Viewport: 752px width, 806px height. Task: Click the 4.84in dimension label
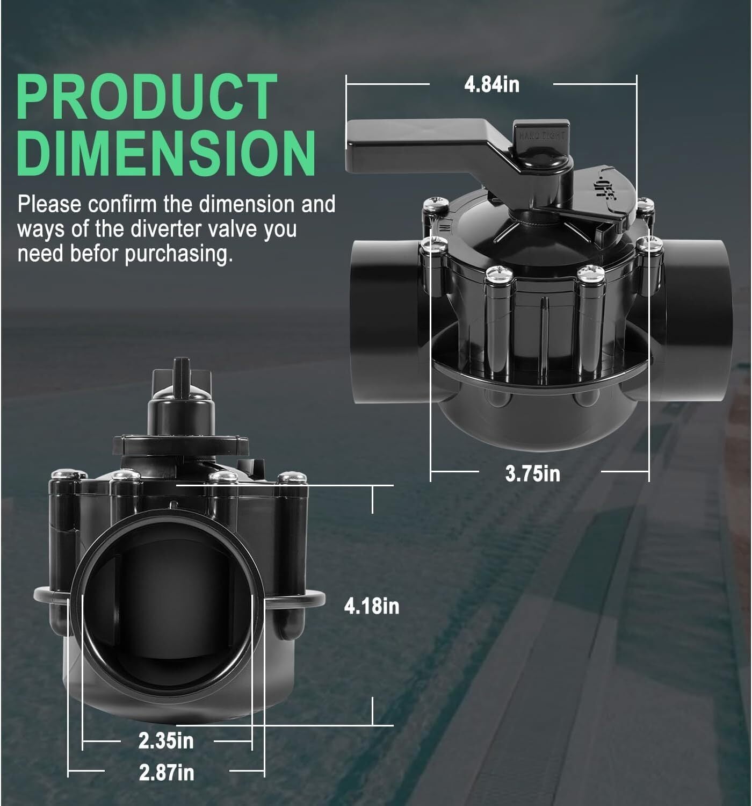click(491, 85)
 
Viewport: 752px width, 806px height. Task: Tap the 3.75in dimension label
click(532, 473)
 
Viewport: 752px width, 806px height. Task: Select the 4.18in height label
click(371, 606)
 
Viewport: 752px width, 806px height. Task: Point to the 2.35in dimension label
click(166, 741)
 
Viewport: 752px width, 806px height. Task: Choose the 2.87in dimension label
click(167, 772)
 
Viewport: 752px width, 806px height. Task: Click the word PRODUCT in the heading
click(147, 97)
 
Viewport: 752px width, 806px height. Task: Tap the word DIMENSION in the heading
click(166, 153)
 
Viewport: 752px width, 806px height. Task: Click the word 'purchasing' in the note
click(178, 255)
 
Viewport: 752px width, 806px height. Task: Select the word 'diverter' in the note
click(166, 229)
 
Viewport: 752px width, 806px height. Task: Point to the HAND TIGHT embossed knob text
click(542, 135)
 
